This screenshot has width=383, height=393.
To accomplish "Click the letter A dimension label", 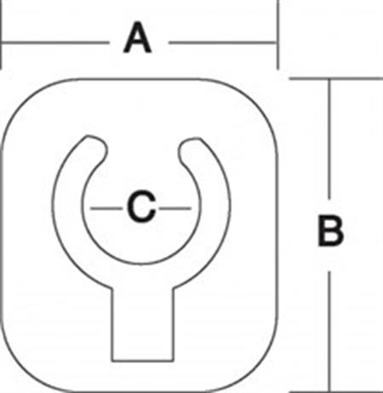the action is [138, 38].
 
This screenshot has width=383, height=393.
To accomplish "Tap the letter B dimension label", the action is [330, 231].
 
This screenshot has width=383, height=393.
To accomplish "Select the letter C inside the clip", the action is [141, 206].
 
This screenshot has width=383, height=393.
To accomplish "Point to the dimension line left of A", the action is [55, 43].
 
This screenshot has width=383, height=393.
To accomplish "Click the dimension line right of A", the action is [223, 43].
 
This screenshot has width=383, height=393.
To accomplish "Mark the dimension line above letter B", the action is [329, 139].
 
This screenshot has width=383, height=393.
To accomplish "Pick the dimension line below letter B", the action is [329, 332].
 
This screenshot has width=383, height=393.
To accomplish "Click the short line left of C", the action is [106, 208].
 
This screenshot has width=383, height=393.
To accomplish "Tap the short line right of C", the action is [175, 208].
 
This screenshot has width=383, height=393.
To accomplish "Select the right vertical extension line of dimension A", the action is [278, 35].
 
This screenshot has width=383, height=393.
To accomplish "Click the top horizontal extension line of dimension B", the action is [336, 78].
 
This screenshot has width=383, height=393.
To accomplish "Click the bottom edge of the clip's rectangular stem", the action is [143, 361].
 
